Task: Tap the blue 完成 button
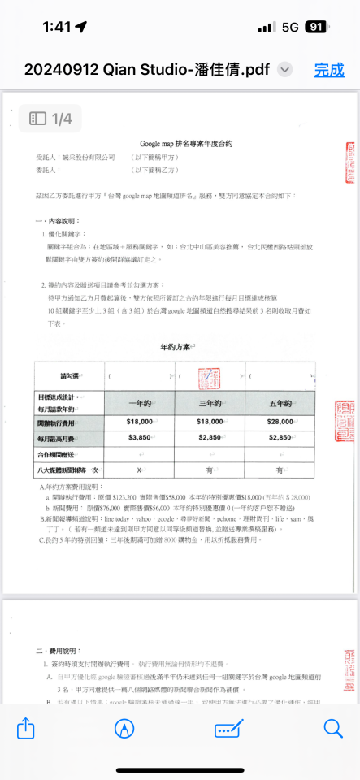(329, 70)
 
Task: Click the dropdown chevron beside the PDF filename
(284, 70)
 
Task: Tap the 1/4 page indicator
(51, 119)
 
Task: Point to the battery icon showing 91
(315, 27)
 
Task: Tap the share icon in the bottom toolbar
(26, 729)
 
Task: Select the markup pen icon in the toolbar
(124, 729)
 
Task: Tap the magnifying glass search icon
(333, 729)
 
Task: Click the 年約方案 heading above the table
(175, 347)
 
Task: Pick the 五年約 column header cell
(279, 403)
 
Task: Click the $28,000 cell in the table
(279, 422)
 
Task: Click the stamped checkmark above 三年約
(209, 376)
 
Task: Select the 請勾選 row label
(71, 376)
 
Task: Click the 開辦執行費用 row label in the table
(71, 422)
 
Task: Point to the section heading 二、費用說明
(58, 652)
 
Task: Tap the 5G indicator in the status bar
(290, 27)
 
